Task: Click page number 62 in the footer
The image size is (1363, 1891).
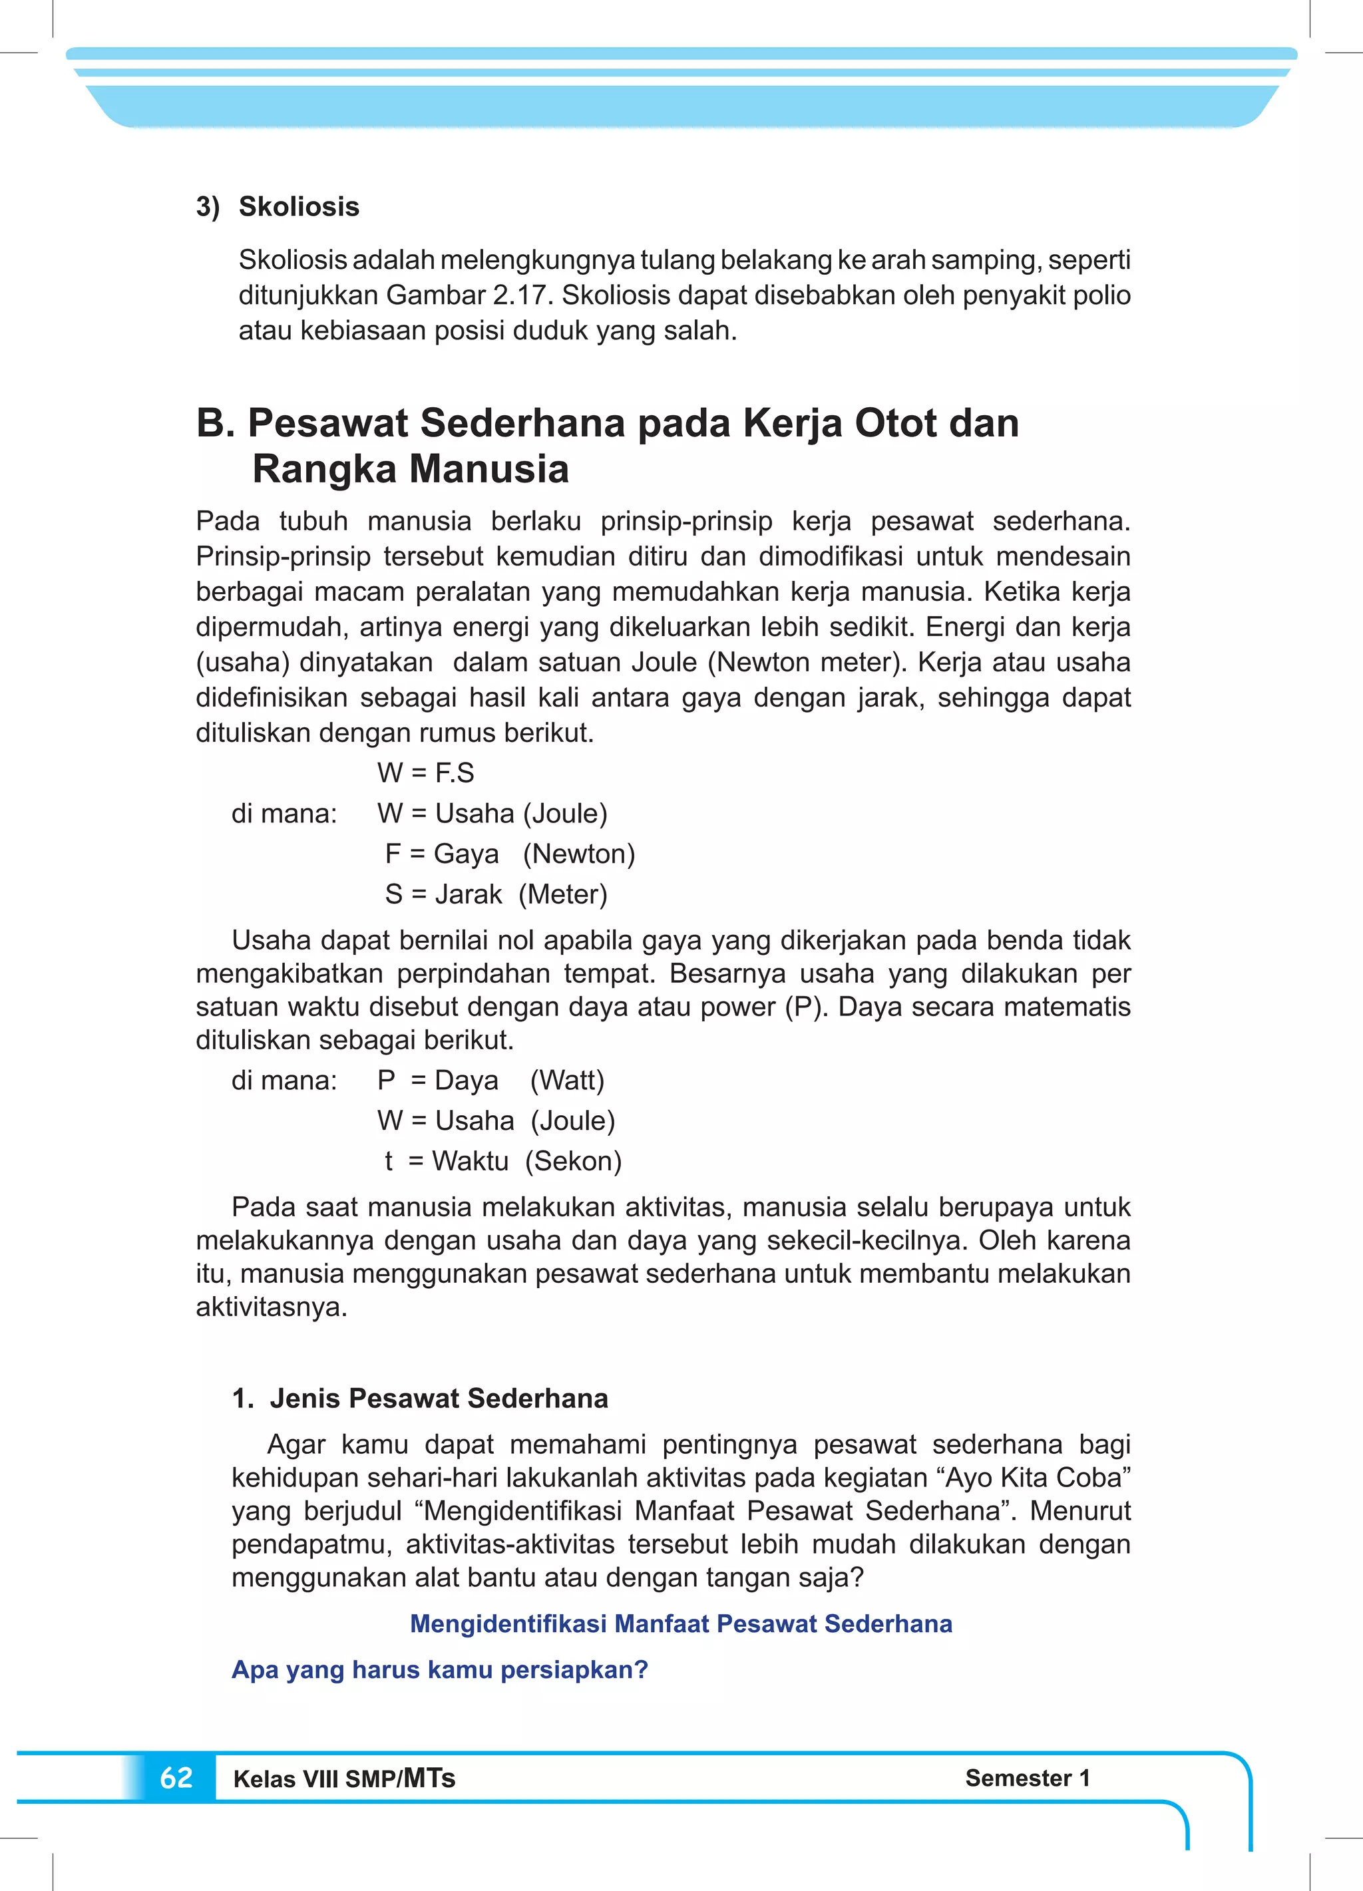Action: pyautogui.click(x=176, y=1778)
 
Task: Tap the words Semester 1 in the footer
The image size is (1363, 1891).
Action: pyautogui.click(x=1027, y=1778)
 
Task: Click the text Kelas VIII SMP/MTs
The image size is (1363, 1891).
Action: pyautogui.click(x=343, y=1779)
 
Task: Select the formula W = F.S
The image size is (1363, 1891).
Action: pyautogui.click(x=425, y=773)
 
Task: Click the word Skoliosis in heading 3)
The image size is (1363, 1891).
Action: pyautogui.click(x=299, y=206)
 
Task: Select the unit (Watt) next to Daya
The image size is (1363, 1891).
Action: pyautogui.click(x=566, y=1081)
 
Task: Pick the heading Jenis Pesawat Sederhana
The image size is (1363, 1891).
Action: pyautogui.click(x=439, y=1398)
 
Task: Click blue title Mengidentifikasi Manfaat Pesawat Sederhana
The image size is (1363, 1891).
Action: pyautogui.click(x=681, y=1624)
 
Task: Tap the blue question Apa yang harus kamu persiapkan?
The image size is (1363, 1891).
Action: pyautogui.click(x=440, y=1669)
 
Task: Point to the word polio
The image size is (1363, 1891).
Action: pyautogui.click(x=1100, y=295)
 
